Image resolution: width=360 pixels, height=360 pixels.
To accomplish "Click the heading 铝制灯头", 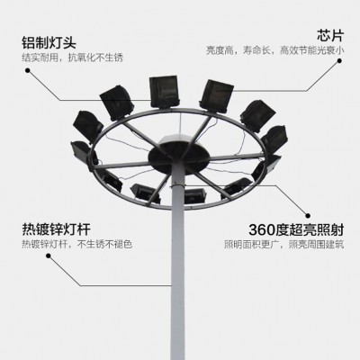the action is click(49, 42).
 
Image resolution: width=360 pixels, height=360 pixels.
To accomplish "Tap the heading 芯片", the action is click(330, 36).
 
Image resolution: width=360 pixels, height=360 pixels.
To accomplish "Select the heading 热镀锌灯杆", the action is click(56, 229).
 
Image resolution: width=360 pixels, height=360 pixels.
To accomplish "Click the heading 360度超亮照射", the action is click(296, 230).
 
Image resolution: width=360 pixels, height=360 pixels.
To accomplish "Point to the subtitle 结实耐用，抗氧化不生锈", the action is click(72, 58).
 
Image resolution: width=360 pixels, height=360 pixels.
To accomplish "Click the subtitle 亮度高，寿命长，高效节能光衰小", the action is click(275, 50).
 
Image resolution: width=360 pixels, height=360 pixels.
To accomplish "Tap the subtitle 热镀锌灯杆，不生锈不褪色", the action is click(77, 244).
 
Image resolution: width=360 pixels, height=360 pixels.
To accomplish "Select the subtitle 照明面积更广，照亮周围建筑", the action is click(284, 245).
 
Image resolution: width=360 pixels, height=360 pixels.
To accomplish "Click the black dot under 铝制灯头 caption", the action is click(28, 71).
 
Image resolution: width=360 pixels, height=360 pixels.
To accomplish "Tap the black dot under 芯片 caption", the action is click(339, 60).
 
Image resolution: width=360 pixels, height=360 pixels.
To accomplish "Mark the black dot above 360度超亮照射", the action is click(308, 215).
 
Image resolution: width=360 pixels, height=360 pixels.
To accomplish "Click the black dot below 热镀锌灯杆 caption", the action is click(48, 256).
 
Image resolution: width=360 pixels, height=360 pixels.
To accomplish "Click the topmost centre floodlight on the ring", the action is click(165, 92).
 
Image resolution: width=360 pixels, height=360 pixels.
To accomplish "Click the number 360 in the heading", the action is click(262, 230).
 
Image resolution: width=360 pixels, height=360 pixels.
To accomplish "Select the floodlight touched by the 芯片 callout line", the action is click(216, 96).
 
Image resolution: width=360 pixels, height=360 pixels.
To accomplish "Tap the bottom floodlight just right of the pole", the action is click(195, 196).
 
